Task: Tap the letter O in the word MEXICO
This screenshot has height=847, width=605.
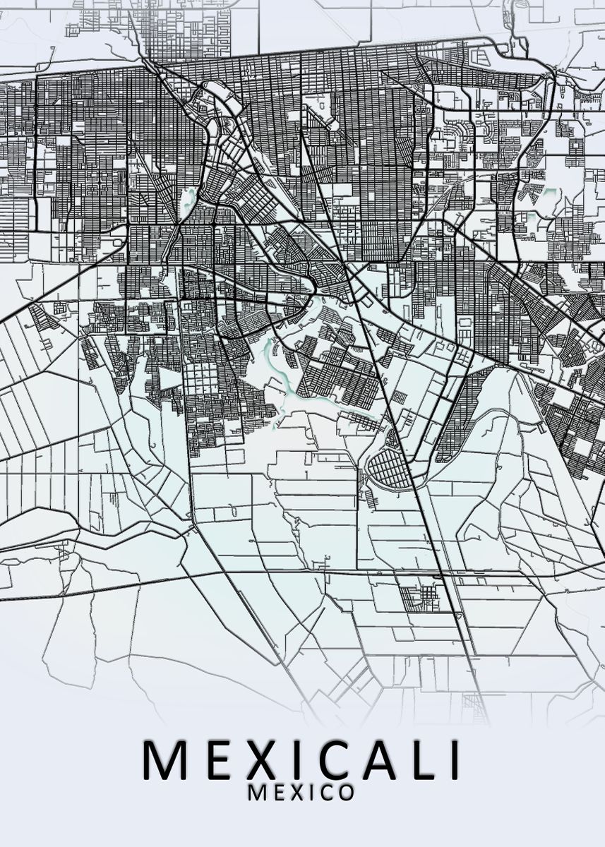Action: click(x=345, y=793)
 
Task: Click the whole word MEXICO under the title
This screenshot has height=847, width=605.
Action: click(x=301, y=793)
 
